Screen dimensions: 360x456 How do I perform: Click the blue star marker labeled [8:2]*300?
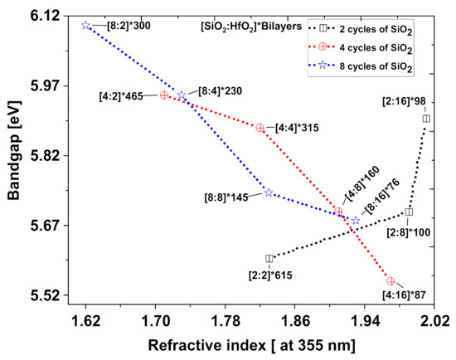(86, 25)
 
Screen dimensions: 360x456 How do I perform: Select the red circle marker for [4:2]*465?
(164, 95)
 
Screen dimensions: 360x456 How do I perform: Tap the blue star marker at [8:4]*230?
(182, 95)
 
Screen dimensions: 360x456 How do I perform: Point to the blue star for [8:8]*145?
(269, 192)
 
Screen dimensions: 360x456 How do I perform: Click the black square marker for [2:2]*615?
(269, 259)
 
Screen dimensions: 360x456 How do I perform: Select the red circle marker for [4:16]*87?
(391, 281)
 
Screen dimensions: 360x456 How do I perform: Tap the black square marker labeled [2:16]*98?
(426, 119)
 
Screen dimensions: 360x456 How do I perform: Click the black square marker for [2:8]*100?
(410, 212)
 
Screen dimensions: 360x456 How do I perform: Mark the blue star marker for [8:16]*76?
(356, 221)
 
